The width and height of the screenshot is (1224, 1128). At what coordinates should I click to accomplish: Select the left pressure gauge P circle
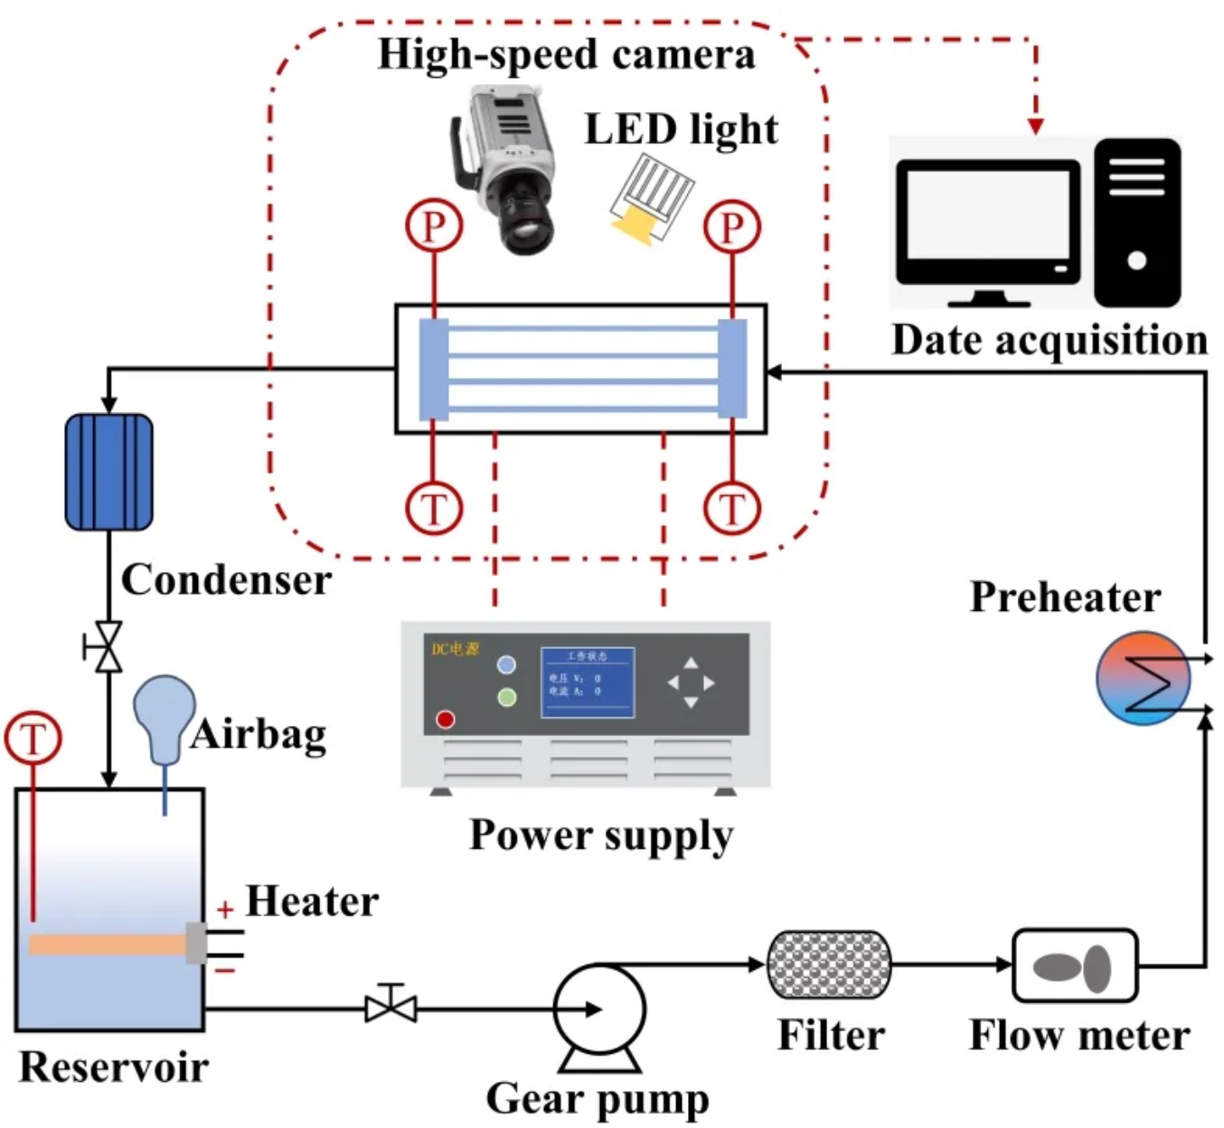[x=434, y=226]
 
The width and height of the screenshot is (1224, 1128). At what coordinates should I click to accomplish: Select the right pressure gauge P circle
[x=732, y=226]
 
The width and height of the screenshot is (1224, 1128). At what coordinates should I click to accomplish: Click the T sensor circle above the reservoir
[x=33, y=738]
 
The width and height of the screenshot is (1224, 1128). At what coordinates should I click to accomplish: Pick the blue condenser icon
[x=109, y=472]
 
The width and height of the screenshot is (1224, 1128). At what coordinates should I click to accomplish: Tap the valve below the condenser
[x=108, y=647]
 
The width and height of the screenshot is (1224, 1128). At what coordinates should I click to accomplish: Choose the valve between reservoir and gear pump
[x=391, y=1006]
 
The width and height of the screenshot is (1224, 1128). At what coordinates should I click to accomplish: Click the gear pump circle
[x=598, y=1010]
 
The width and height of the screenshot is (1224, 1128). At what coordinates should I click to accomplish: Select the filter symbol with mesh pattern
[x=829, y=964]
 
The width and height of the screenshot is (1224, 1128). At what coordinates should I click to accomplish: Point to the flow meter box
[x=1075, y=966]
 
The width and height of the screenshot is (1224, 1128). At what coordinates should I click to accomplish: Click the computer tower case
[x=1137, y=222]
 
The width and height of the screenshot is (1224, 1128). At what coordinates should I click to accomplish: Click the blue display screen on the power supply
[x=587, y=683]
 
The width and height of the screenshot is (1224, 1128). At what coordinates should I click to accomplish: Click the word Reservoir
[x=114, y=1067]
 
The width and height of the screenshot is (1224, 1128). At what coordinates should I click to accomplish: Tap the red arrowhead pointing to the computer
[x=1036, y=126]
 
